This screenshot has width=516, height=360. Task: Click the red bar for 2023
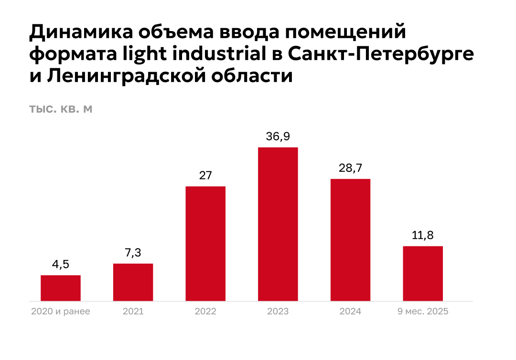[278, 224]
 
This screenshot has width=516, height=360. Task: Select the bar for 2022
[205, 244]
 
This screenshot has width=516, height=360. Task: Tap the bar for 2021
[133, 282]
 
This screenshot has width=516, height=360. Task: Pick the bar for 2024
[350, 240]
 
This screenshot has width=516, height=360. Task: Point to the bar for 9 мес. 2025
[423, 273]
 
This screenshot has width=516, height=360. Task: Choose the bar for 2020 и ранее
[61, 288]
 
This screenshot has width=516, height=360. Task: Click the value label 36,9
[278, 137]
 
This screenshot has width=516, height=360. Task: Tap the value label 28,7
[350, 168]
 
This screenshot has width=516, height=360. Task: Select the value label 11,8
[423, 235]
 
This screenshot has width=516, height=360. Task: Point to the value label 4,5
[61, 265]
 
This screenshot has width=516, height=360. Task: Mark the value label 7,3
[133, 253]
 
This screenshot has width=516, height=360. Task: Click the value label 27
[205, 175]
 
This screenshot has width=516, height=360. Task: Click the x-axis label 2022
[205, 312]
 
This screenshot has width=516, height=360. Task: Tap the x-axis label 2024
[350, 312]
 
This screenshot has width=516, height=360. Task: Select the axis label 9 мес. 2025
[423, 312]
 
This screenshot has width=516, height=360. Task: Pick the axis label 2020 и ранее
[61, 312]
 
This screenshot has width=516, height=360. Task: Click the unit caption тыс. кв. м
[61, 109]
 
